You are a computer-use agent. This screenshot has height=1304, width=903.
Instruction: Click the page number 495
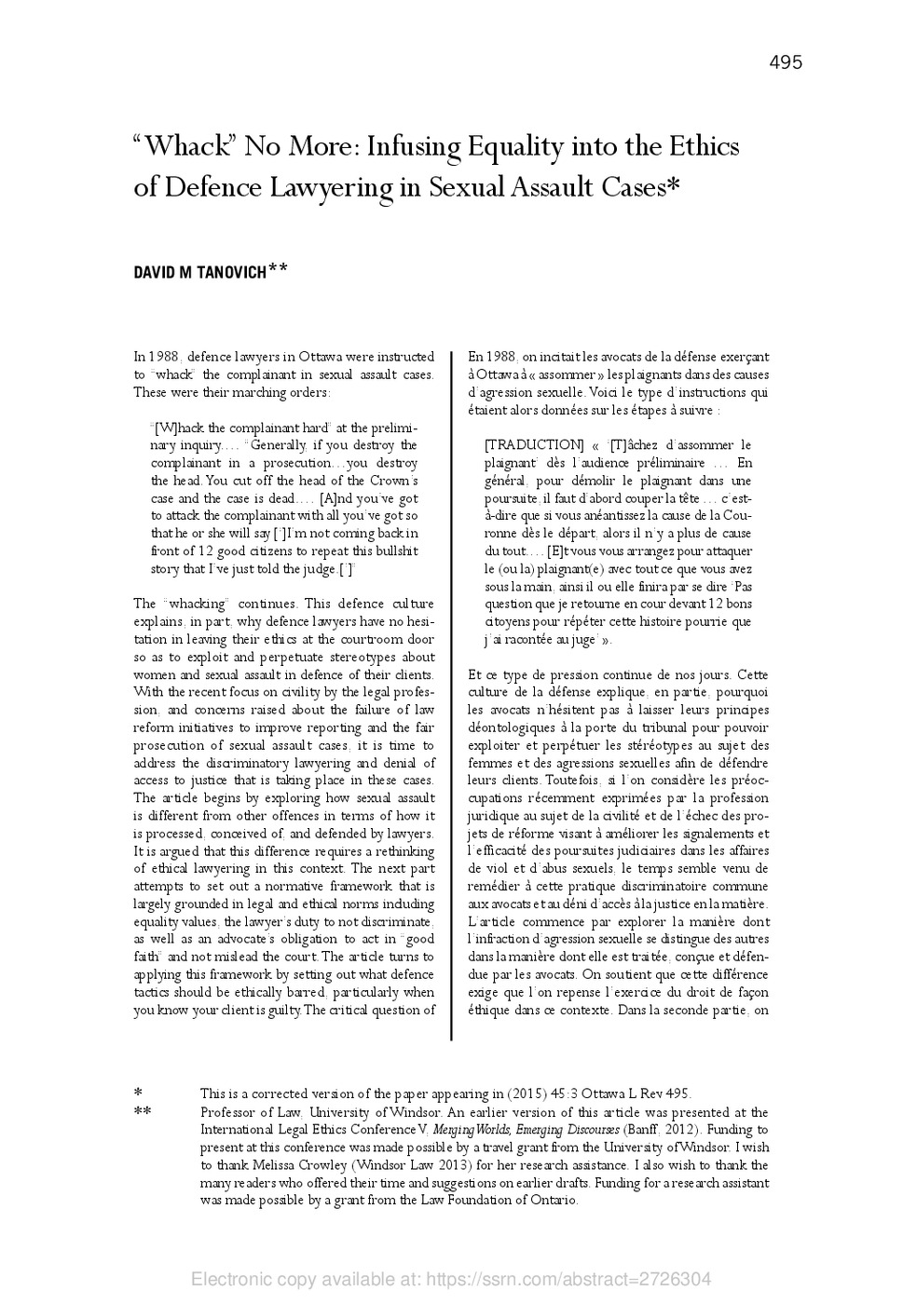(786, 62)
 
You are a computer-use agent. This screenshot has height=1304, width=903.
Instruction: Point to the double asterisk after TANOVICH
(278, 269)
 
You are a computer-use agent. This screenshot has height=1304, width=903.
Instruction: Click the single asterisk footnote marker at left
(138, 1093)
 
